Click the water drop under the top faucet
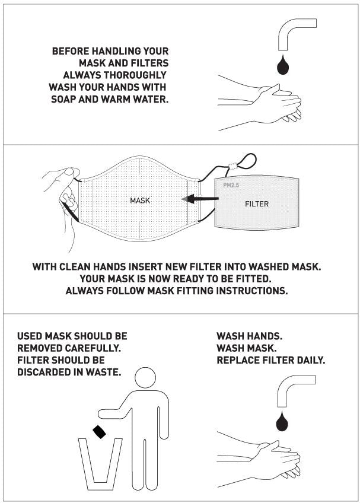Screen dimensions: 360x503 point(283,65)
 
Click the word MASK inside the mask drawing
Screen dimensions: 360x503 point(140,200)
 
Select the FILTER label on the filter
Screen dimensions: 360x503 point(257,203)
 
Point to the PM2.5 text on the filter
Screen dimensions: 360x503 point(231,185)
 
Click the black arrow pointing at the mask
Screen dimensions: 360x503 point(200,199)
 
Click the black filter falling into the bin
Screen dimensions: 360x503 point(99,431)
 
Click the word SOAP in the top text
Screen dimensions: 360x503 point(63,99)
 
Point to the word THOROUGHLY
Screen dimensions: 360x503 point(135,75)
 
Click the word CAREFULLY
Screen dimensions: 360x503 point(93,348)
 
